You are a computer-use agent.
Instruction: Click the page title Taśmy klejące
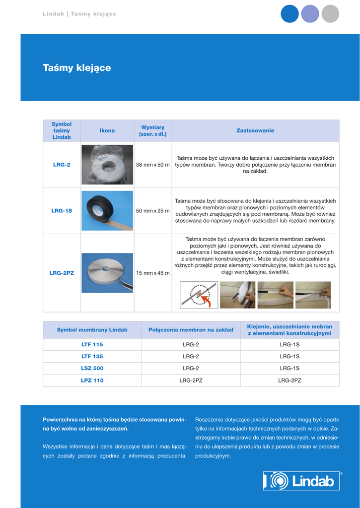(77, 68)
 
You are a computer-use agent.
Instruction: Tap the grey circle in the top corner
(330, 14)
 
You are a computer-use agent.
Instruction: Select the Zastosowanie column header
(255, 130)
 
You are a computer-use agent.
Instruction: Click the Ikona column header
(107, 130)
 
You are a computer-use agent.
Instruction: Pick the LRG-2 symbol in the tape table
(62, 165)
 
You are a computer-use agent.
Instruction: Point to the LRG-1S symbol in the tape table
(62, 211)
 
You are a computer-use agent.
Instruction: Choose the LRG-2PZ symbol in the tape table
(62, 273)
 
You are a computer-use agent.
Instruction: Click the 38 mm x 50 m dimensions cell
(152, 165)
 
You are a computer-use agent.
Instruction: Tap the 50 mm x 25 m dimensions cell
(152, 211)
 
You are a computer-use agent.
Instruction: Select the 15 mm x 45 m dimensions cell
(152, 273)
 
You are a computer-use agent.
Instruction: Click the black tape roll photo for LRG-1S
(107, 210)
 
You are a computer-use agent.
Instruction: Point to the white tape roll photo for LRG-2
(107, 165)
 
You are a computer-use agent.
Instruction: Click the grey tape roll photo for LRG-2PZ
(107, 273)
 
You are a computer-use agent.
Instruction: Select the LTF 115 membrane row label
(92, 344)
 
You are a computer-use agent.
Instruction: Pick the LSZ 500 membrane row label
(92, 368)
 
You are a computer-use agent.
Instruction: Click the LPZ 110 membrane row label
(92, 381)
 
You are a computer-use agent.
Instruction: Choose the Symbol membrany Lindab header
(92, 330)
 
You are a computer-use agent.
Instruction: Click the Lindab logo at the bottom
(301, 481)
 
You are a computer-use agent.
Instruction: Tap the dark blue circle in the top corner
(290, 14)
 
